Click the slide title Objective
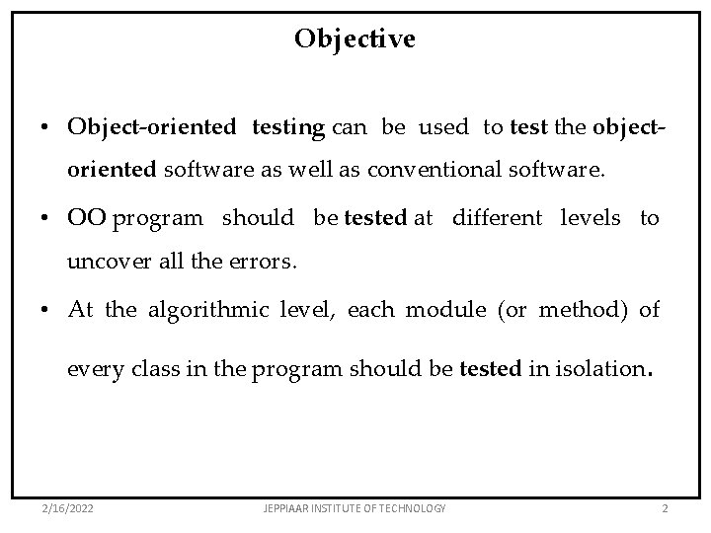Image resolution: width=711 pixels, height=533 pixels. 355,38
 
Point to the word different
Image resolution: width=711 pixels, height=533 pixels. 498,218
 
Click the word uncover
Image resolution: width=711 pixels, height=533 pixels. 101,263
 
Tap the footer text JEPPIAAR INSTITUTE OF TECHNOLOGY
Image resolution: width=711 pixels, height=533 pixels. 356,507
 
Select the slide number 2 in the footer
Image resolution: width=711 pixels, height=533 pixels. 665,507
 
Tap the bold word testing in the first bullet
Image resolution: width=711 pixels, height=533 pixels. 288,127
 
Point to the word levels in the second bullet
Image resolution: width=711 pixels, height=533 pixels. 592,218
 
